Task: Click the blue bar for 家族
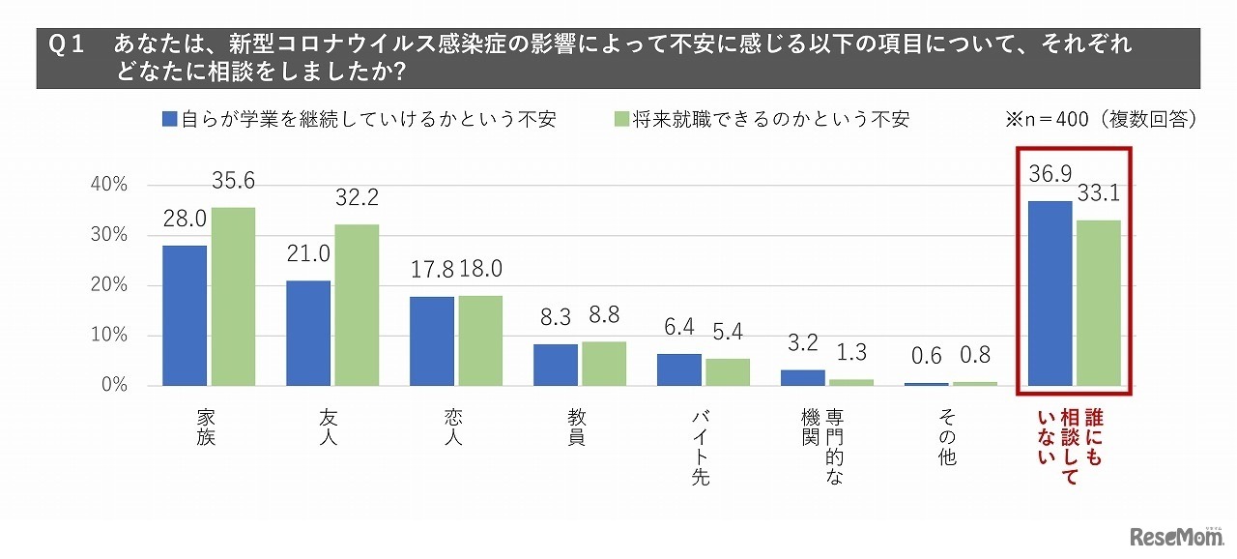[x=185, y=315]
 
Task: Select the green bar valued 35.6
[x=233, y=296]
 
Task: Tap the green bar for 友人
[x=357, y=305]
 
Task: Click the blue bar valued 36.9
[x=1050, y=293]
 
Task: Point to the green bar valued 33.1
[x=1099, y=303]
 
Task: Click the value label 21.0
[x=308, y=253]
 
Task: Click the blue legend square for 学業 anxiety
[x=170, y=119]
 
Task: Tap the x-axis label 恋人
[x=455, y=427]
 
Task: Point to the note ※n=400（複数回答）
[x=1103, y=119]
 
